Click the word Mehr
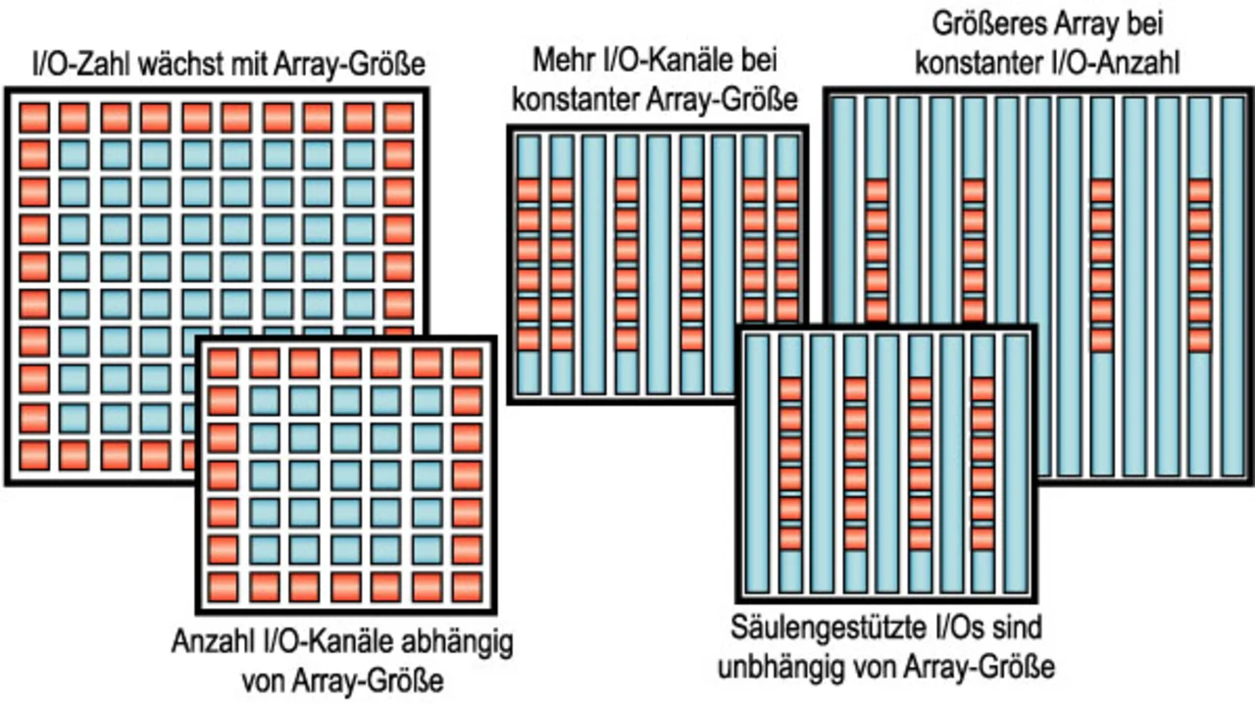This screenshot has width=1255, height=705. tap(564, 61)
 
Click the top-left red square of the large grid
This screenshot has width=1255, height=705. tap(34, 117)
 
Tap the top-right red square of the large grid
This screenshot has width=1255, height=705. tap(399, 117)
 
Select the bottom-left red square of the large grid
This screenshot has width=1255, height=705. tap(34, 455)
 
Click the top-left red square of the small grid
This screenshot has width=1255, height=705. tap(223, 363)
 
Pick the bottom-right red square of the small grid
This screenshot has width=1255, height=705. tap(468, 587)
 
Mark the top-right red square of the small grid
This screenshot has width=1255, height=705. tap(468, 363)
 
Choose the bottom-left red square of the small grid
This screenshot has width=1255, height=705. tap(223, 587)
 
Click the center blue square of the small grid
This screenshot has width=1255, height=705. tap(345, 476)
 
